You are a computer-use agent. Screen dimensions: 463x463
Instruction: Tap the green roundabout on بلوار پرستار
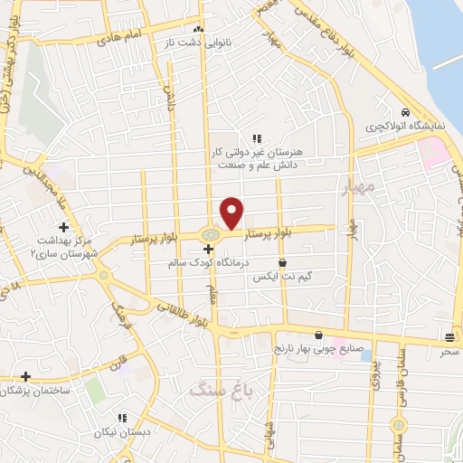pos(210,237)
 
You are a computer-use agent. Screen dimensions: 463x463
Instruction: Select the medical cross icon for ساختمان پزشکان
pos(26,376)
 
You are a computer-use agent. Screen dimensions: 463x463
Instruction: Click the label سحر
pos(449,350)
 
